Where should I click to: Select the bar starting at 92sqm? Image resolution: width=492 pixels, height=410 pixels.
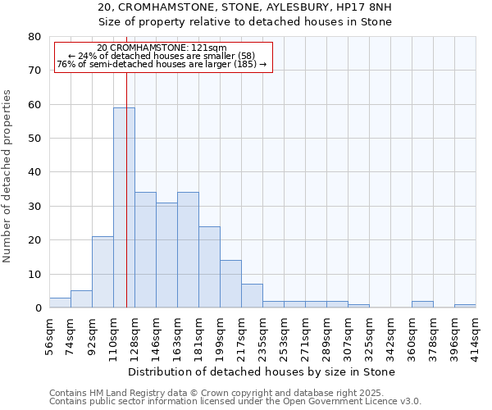click(x=102, y=272)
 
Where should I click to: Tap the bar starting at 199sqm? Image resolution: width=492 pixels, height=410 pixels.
click(x=230, y=284)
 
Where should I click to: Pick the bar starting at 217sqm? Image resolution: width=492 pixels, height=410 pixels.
click(x=252, y=296)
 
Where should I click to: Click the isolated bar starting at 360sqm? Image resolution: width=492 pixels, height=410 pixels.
click(x=422, y=304)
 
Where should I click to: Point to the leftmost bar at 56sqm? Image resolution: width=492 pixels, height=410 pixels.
click(x=60, y=303)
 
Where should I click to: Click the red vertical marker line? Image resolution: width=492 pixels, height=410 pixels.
click(x=126, y=189)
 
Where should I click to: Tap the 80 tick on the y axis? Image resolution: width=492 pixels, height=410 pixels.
click(x=34, y=37)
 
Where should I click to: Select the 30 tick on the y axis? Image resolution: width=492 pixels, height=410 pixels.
click(x=34, y=207)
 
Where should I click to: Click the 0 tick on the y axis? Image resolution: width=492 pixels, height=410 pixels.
click(x=37, y=308)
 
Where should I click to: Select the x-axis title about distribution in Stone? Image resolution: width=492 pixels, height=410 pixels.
click(x=262, y=371)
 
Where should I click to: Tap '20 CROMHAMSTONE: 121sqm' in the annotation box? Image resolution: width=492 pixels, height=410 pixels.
click(x=162, y=48)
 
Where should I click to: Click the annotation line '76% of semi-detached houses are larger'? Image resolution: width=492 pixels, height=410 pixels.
click(x=162, y=64)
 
